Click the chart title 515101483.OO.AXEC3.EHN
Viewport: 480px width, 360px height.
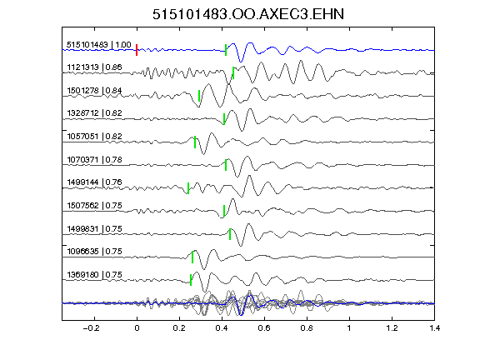[x=248, y=14]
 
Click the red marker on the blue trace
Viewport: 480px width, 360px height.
[x=137, y=50]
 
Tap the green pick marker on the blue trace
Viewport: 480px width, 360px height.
[x=226, y=50]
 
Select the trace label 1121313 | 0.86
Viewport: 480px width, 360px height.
[x=94, y=67]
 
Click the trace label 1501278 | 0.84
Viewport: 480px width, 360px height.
[x=94, y=91]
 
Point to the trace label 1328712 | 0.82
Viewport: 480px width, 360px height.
[x=94, y=113]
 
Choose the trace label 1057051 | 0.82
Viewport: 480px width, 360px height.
[x=94, y=136]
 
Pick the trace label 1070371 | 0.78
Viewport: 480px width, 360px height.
[x=94, y=159]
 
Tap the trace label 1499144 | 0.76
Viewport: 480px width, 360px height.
[x=94, y=182]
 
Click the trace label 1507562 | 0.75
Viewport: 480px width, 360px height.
[x=94, y=205]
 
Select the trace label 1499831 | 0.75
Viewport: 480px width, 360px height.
[x=94, y=228]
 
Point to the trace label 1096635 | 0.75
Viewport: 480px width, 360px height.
[x=94, y=252]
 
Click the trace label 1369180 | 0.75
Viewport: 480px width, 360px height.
[x=94, y=275]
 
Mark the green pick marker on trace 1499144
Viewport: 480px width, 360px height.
[x=188, y=188]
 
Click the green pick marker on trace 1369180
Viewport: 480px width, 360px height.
[x=191, y=280]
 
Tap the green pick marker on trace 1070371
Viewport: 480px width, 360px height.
[x=226, y=165]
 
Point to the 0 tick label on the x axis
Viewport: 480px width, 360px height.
[x=137, y=328]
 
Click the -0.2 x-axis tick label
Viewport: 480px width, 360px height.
[x=91, y=328]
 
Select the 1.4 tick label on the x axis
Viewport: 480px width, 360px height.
[x=434, y=328]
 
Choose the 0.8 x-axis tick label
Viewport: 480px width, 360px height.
[x=307, y=328]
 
